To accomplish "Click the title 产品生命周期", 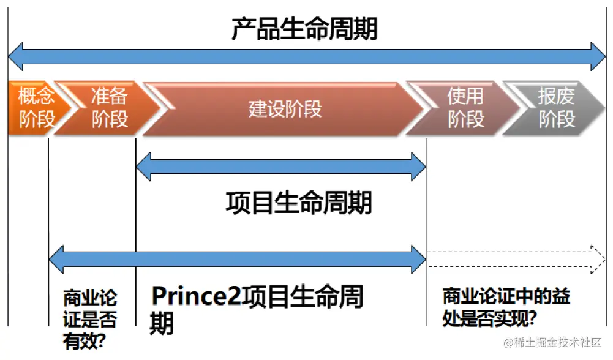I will coord(304,29).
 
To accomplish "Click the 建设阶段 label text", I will coord(285,108).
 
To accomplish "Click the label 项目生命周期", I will coord(298,203).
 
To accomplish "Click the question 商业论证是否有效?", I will coord(89,320).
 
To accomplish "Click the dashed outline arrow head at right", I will coord(597,258).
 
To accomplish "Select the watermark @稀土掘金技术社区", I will coord(552,343).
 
